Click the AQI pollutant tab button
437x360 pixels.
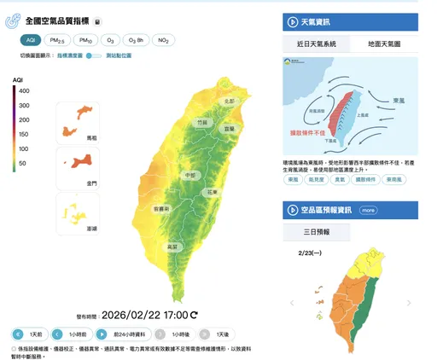coord(31,40)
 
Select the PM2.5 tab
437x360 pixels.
coord(58,40)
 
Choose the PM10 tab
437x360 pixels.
coord(84,40)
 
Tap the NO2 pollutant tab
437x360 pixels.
coord(164,40)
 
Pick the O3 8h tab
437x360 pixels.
coord(136,40)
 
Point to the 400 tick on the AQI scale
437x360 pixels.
coord(23,90)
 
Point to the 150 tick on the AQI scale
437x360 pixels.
coord(23,134)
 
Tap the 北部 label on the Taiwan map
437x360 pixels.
coord(228,101)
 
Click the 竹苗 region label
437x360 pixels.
coord(201,123)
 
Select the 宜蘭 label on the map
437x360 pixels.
coord(229,128)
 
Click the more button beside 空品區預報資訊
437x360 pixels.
coord(368,210)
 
